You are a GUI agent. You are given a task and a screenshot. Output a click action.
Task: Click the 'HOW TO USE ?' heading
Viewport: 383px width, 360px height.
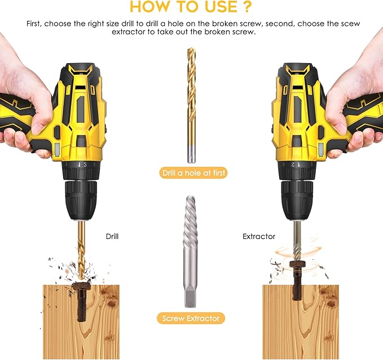point(191,7)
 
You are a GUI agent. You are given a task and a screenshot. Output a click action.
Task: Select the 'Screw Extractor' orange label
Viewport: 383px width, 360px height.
point(191,318)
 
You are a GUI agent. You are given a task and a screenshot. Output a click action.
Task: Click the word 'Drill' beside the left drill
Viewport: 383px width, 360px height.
point(112,237)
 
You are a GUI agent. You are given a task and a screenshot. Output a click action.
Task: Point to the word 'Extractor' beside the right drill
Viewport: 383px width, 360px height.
point(259,237)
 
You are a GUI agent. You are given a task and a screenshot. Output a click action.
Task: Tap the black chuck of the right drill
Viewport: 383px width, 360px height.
point(297,200)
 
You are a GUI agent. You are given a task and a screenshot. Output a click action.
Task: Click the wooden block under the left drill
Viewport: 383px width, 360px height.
point(82,321)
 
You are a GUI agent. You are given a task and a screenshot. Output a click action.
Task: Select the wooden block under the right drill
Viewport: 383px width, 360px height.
point(300,321)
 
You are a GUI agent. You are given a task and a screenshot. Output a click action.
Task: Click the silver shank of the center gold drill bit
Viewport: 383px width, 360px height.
point(191,152)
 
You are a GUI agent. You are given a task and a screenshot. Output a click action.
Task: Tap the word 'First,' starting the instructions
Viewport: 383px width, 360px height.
point(35,24)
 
